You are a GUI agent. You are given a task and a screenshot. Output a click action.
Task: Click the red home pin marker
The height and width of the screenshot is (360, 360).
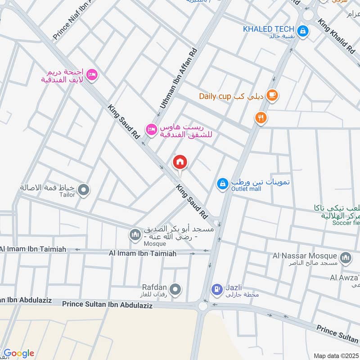[180, 162]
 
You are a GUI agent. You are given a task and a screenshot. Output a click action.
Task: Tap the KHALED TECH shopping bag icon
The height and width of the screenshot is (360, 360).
[304, 31]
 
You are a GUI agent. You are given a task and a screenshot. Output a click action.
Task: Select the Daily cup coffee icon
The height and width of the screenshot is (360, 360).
[272, 95]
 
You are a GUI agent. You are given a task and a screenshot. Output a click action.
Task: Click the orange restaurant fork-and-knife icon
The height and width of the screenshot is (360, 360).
[261, 118]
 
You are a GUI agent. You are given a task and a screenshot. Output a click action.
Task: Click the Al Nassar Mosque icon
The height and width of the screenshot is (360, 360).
[346, 257]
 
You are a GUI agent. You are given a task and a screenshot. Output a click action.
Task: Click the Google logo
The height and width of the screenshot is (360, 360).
[19, 353]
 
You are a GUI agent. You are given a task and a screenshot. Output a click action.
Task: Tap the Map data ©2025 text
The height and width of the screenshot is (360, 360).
[335, 355]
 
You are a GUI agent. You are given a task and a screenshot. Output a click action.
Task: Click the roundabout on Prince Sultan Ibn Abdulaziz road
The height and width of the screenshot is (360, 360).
[203, 306]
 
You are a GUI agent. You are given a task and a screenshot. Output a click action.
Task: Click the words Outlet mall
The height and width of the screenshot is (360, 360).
[246, 189]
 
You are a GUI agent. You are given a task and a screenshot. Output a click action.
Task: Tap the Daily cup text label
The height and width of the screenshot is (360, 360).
[215, 96]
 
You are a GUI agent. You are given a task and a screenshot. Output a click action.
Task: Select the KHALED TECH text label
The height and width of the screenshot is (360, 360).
[269, 29]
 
